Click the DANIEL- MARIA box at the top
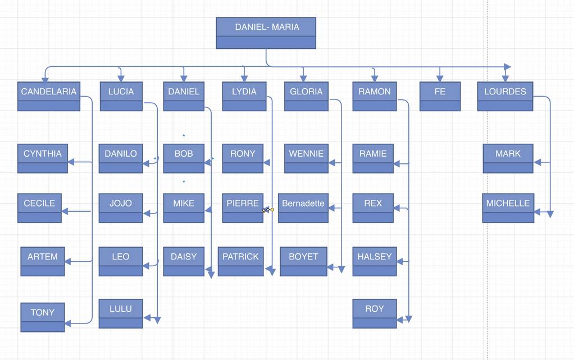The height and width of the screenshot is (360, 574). click(x=266, y=33)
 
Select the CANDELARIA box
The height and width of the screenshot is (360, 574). click(x=49, y=97)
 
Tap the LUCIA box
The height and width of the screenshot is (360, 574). click(x=121, y=97)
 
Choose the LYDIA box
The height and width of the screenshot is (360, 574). click(x=244, y=97)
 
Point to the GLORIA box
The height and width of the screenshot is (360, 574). click(x=306, y=97)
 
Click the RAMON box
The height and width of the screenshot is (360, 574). click(x=374, y=97)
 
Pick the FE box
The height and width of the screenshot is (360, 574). click(x=440, y=97)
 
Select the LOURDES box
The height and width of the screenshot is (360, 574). click(x=505, y=97)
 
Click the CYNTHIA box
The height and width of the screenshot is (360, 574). click(x=43, y=158)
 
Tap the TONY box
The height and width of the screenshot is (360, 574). click(x=43, y=317)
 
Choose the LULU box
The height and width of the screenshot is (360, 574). click(x=121, y=313)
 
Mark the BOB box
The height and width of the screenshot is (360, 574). click(x=184, y=158)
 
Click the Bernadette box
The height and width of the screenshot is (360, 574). click(x=303, y=208)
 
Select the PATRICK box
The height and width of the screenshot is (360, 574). click(x=240, y=262)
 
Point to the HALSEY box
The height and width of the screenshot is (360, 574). click(x=375, y=262)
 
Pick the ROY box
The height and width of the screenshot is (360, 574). click(x=375, y=313)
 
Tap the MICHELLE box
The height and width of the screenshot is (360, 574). click(x=508, y=208)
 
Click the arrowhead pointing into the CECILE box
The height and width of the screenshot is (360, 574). click(x=65, y=212)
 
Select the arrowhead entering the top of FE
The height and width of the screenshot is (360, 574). click(x=440, y=78)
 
